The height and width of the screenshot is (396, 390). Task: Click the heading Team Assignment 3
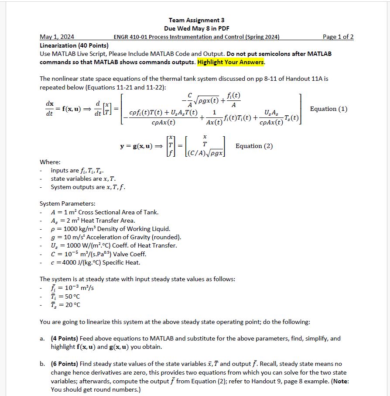[196, 20]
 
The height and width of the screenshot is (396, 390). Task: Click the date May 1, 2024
[57, 37]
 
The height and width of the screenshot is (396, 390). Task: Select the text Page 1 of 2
[338, 37]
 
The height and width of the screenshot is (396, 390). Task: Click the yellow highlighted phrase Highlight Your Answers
[231, 62]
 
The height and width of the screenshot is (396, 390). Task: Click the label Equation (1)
[328, 109]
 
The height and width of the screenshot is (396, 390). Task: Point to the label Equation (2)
[254, 146]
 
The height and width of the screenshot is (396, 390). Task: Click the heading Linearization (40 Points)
[74, 45]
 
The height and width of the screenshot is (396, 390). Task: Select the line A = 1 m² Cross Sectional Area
[105, 212]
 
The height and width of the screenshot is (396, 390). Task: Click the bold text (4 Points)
[65, 338]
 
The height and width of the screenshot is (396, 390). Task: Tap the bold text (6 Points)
[65, 364]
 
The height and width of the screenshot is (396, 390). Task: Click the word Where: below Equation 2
[50, 162]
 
